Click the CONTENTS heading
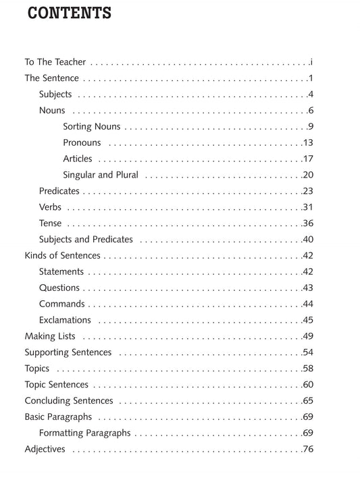[70, 13]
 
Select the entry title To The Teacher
[55, 62]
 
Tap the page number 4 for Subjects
[311, 95]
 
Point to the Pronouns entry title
[82, 142]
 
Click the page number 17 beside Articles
[309, 159]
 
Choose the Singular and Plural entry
[101, 175]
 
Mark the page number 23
[309, 191]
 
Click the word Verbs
[51, 207]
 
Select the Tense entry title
[51, 223]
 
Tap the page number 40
[309, 240]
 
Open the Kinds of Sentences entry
[62, 256]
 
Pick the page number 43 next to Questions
[309, 288]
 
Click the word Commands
[62, 304]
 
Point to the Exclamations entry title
[65, 320]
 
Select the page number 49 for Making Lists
[309, 336]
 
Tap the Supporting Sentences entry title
[68, 352]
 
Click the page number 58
[309, 369]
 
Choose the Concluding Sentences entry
[69, 401]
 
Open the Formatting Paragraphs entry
[85, 433]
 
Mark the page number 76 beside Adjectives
[309, 449]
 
